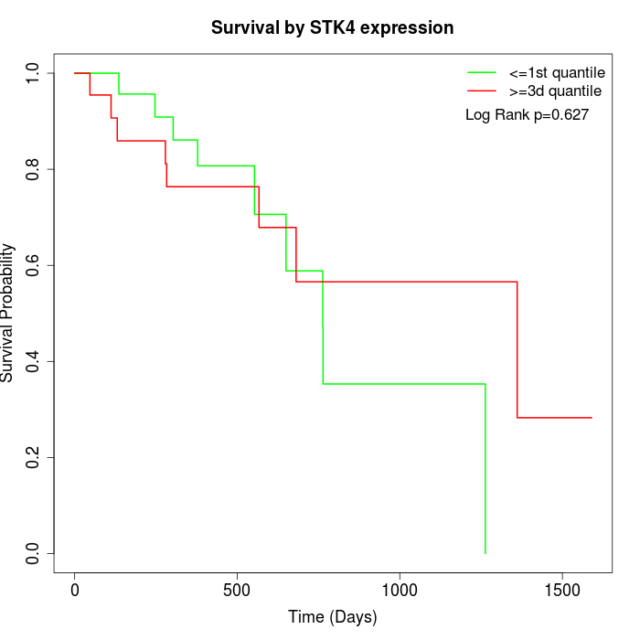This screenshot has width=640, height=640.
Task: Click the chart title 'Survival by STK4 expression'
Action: click(x=332, y=28)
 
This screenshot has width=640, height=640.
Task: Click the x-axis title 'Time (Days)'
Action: click(x=332, y=617)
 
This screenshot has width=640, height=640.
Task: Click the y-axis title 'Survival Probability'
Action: click(x=8, y=313)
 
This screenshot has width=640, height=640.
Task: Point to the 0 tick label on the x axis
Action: click(x=75, y=592)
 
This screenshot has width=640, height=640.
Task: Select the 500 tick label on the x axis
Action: click(x=237, y=592)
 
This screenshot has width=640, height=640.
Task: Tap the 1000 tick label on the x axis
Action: click(x=400, y=592)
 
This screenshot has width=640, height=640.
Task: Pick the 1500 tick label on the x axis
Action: click(x=561, y=592)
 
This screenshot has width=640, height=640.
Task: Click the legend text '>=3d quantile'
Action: click(x=555, y=91)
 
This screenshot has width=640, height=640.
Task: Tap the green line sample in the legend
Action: click(x=482, y=72)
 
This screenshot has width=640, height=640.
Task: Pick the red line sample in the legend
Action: click(x=482, y=91)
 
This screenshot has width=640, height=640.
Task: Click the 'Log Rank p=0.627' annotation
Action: click(x=527, y=114)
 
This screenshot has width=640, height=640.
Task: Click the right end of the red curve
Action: click(x=592, y=417)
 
